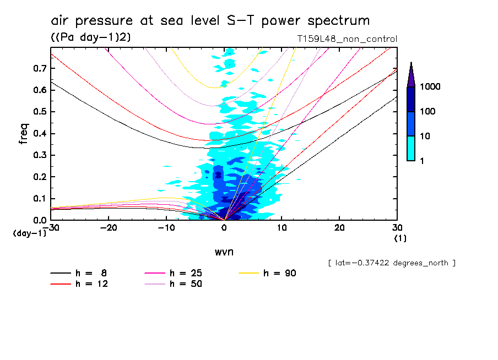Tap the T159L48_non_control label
point(347,39)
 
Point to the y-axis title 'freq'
point(24,134)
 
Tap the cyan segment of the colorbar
point(411,148)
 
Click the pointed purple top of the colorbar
point(411,75)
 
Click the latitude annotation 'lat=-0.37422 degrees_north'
point(392,263)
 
